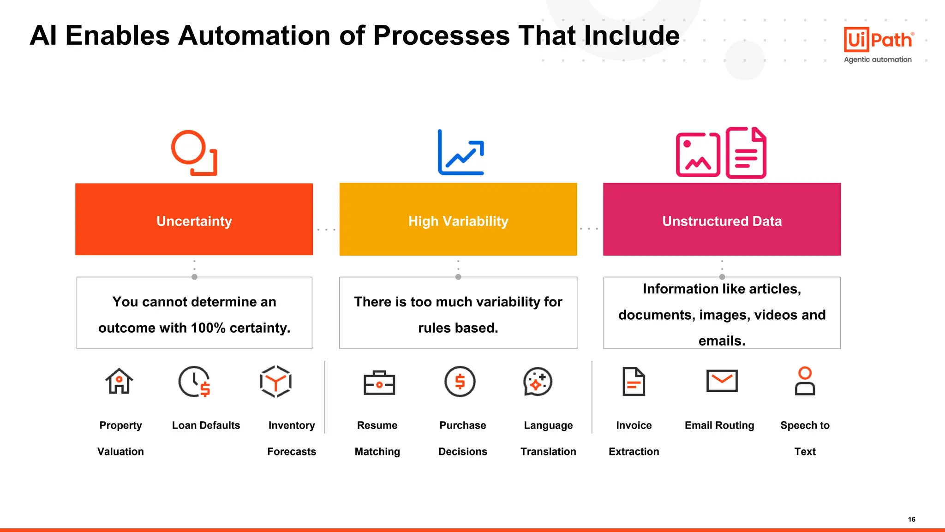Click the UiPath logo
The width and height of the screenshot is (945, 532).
coord(878,40)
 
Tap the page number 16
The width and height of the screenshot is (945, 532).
coord(911,519)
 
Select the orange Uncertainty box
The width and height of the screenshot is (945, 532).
coord(194,220)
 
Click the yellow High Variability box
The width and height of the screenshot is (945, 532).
coord(458,220)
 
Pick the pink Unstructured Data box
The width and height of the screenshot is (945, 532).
coord(722,220)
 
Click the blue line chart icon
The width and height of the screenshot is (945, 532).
coord(461,153)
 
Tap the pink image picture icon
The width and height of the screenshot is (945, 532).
coord(698,155)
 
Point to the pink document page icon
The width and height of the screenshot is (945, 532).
coord(746,153)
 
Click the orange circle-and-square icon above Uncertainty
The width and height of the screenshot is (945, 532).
coord(194,153)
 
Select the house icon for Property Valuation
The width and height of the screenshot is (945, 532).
coord(119,382)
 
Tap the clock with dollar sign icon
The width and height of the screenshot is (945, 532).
coord(194,382)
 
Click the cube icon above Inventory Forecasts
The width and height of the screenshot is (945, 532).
coord(275,382)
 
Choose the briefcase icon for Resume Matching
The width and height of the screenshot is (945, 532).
coord(379,383)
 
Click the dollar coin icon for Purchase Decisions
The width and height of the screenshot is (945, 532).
coord(460,382)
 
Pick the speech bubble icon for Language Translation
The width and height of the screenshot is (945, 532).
coord(538,382)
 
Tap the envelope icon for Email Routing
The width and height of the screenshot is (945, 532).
coord(722,381)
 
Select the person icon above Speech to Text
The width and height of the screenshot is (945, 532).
coord(805,381)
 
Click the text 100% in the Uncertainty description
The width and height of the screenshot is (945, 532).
coord(208,328)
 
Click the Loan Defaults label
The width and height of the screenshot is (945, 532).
coord(206,425)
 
